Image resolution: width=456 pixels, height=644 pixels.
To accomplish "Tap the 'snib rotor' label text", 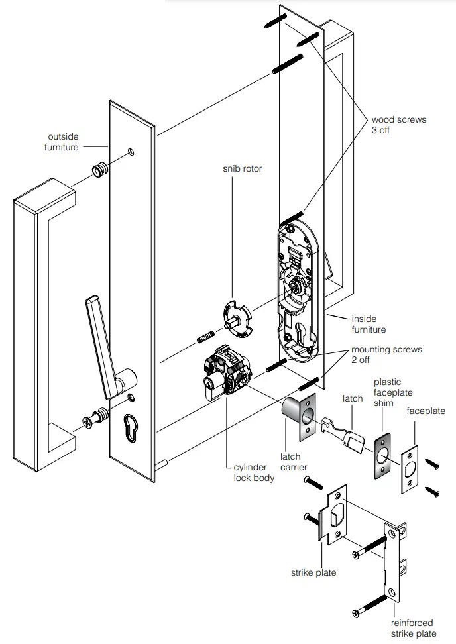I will coord(242,169).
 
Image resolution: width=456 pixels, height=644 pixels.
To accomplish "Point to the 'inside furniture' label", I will coord(368,324).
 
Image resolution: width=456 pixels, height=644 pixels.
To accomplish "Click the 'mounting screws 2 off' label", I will coord(386,354).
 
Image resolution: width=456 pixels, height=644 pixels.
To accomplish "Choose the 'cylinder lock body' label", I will coord(254,473).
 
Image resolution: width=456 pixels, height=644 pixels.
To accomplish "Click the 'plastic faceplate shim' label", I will coord(393,393).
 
